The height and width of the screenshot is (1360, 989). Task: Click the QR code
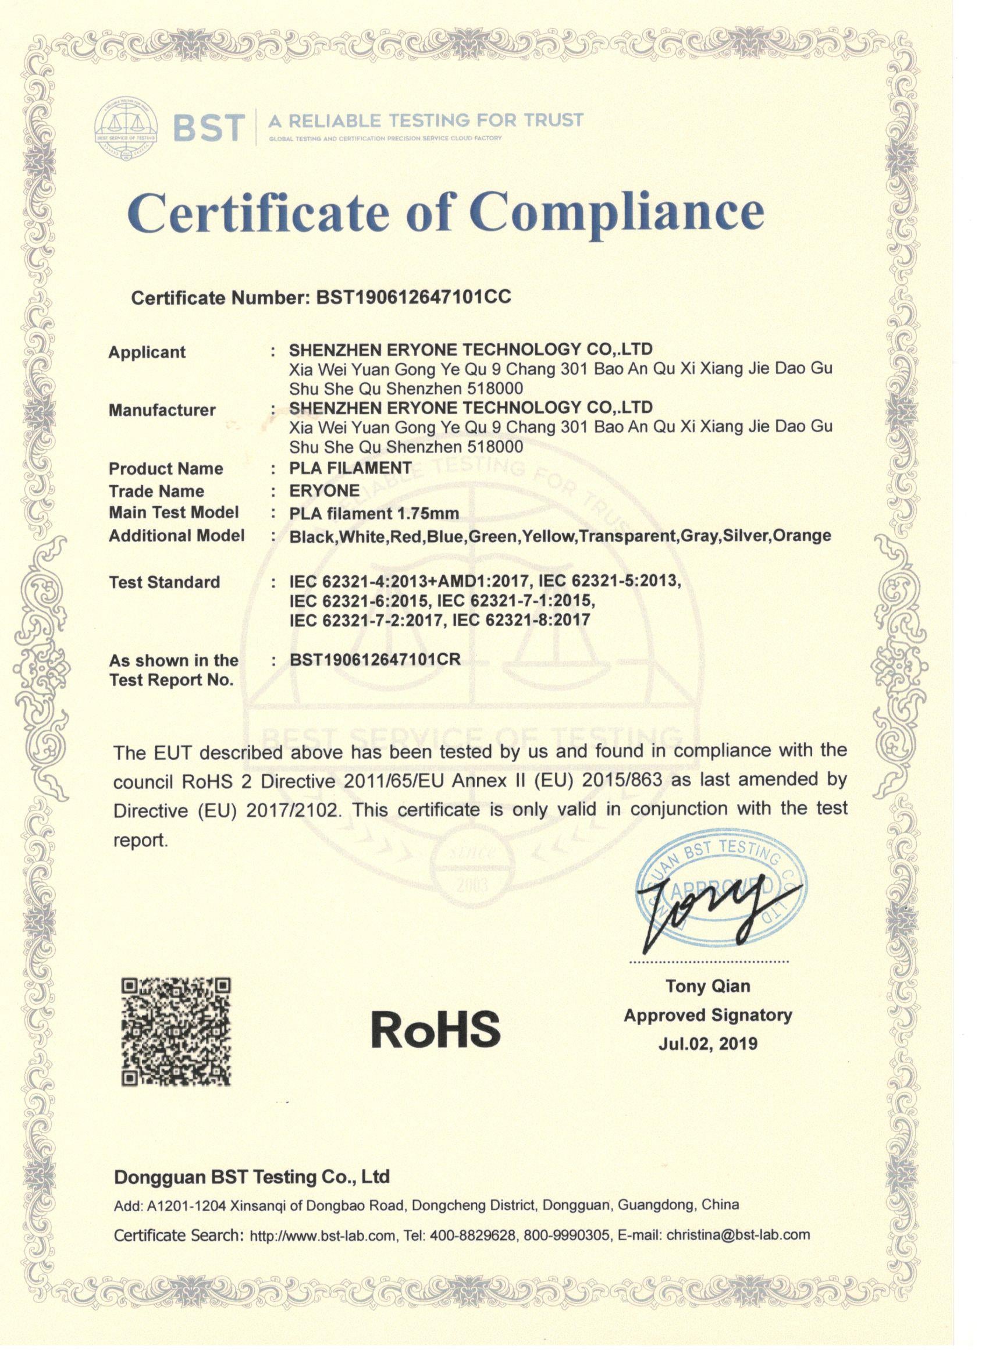[x=176, y=1031]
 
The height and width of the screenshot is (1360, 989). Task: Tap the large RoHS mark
[x=435, y=1028]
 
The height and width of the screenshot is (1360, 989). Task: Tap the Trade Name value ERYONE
[x=325, y=490]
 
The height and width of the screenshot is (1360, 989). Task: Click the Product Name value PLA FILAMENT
[x=350, y=468]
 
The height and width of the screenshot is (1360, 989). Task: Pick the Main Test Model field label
[x=173, y=512]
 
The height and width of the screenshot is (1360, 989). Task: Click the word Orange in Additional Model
[x=802, y=535]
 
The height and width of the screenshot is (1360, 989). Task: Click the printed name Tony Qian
[x=707, y=987]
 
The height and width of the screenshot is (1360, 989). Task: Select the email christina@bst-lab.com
[x=738, y=1235]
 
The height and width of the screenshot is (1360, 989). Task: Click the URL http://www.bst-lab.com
[x=322, y=1236]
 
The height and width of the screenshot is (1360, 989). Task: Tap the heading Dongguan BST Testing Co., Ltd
[x=251, y=1177]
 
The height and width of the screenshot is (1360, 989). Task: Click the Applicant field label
[x=147, y=352]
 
